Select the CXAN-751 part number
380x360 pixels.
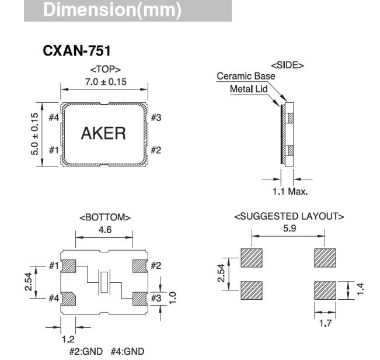[x=76, y=51]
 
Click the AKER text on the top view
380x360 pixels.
[x=103, y=133]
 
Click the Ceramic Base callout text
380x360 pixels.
[x=245, y=76]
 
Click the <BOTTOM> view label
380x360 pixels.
[x=105, y=217]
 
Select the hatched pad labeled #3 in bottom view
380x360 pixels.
[x=140, y=297]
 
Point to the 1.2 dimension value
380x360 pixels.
[x=69, y=338]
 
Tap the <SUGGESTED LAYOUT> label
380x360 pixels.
[x=289, y=216]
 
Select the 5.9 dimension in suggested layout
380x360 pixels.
[x=289, y=228]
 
